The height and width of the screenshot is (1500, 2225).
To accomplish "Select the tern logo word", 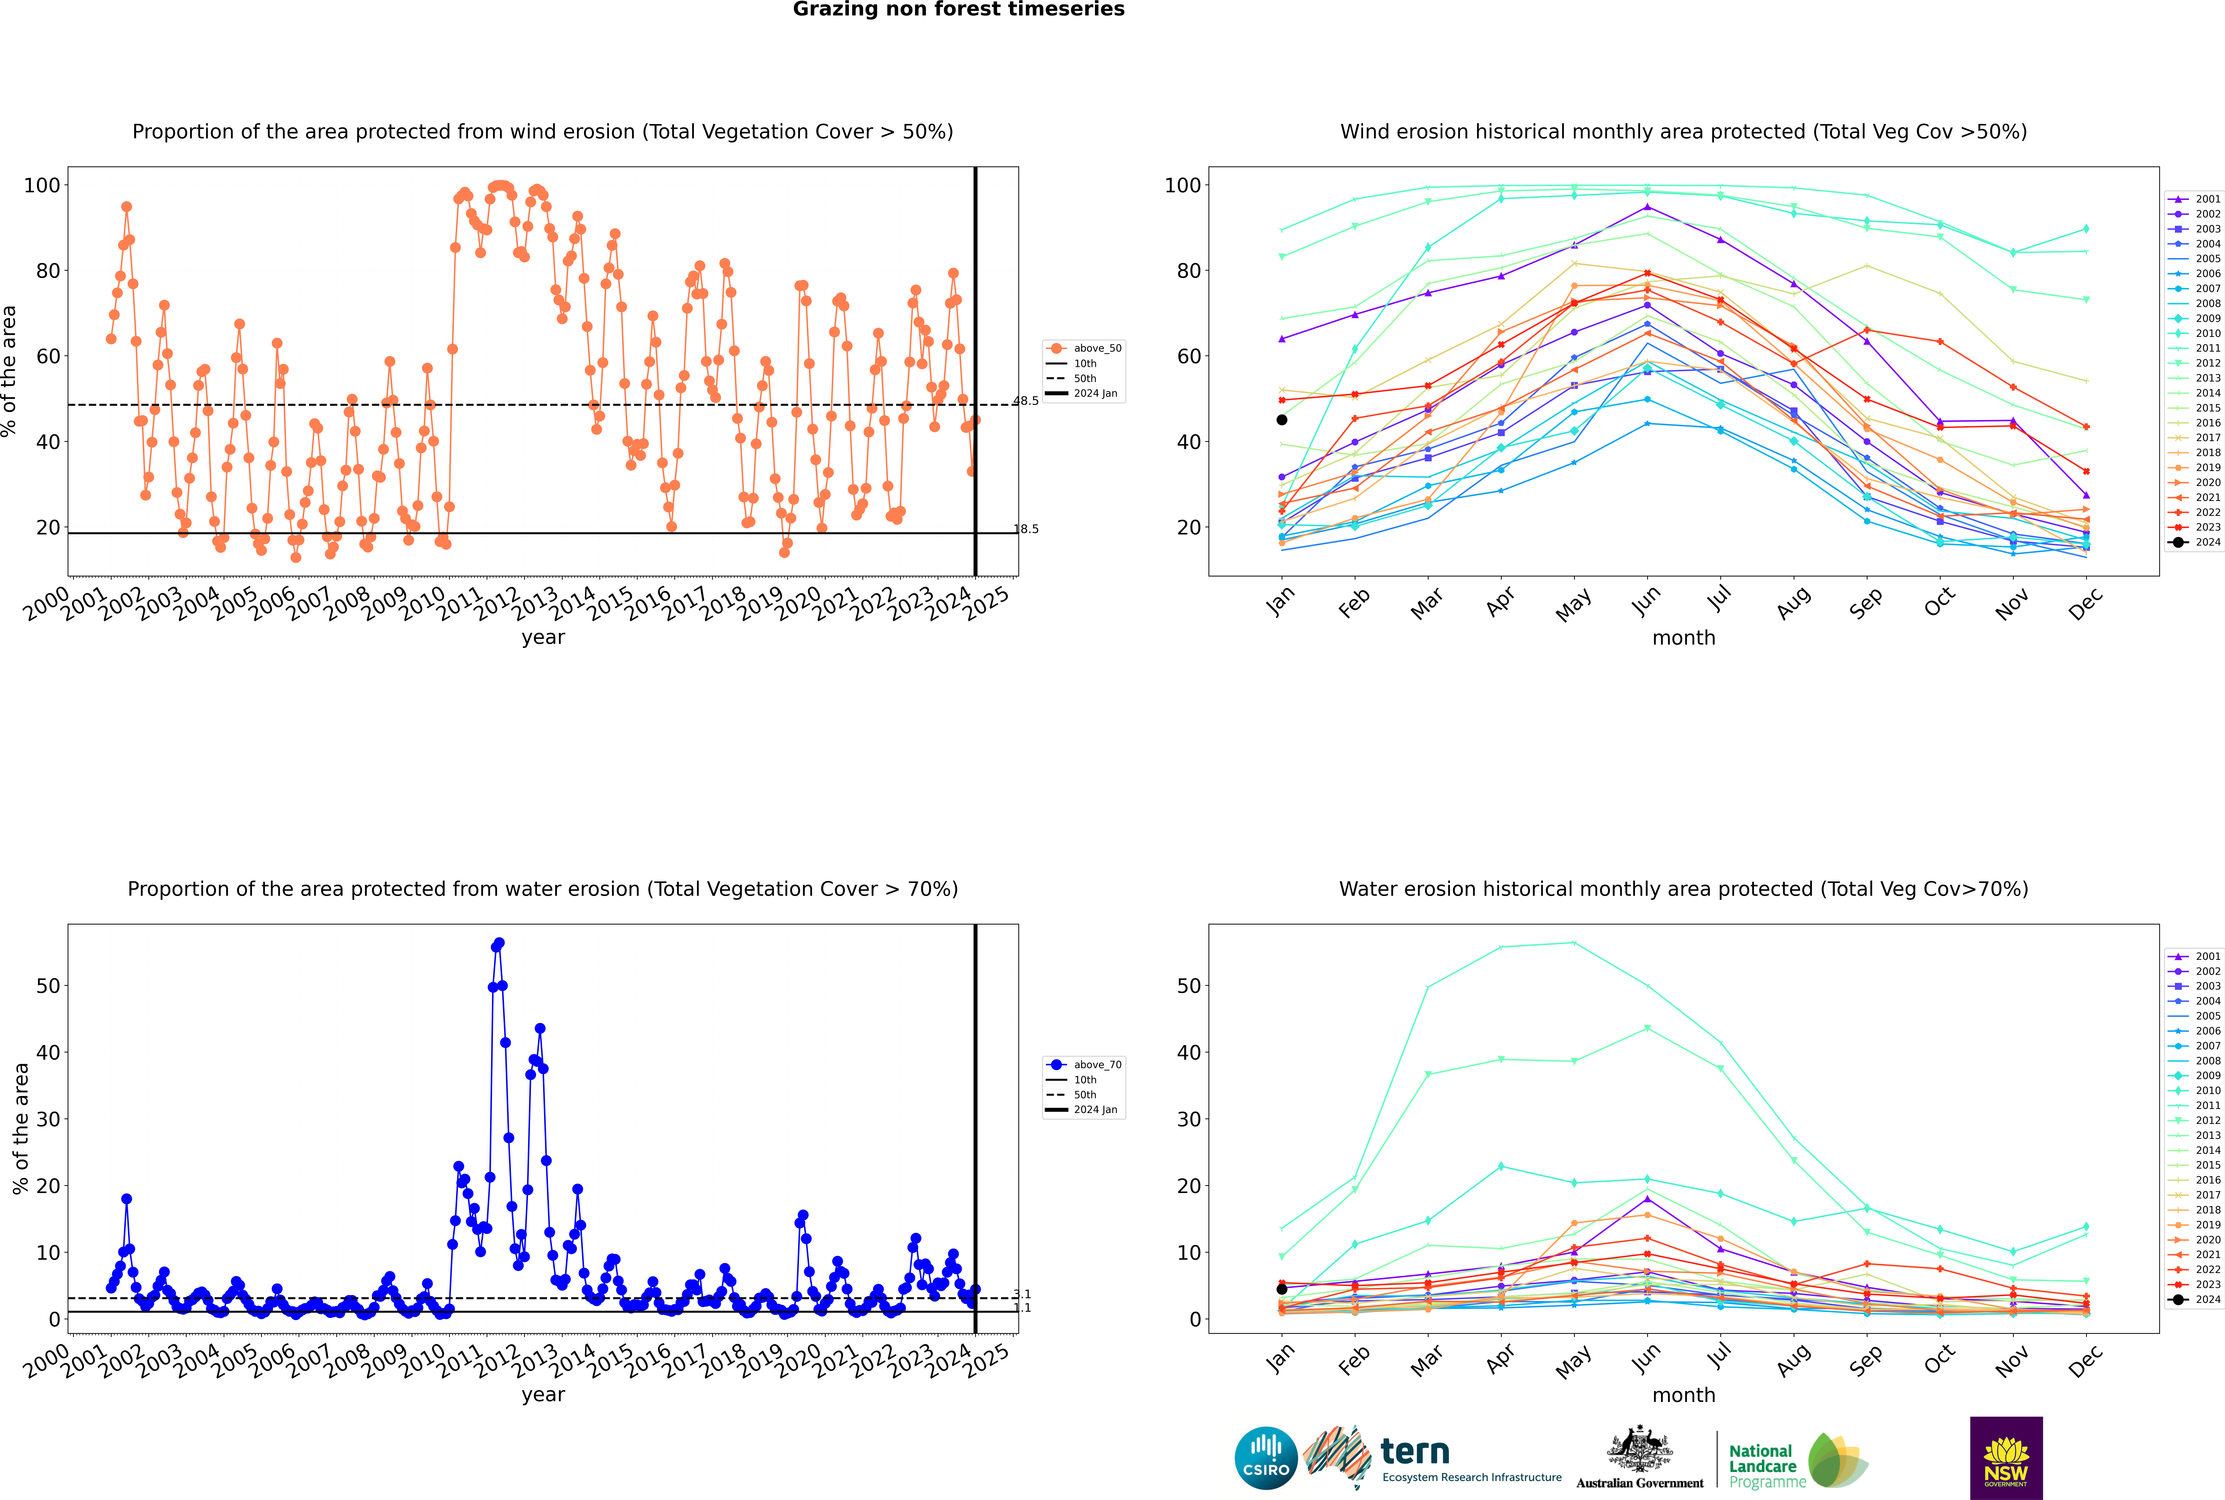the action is [1415, 1452].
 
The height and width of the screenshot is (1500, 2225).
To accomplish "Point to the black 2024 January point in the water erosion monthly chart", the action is [1282, 1289].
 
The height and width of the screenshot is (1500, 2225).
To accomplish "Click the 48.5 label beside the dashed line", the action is [1026, 401].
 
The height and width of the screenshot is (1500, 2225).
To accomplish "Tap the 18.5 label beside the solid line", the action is [1026, 529].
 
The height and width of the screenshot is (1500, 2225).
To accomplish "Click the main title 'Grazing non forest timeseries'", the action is [959, 9].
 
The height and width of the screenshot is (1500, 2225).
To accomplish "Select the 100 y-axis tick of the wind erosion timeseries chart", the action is [42, 186].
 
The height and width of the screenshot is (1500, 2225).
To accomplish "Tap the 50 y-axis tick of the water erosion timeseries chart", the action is [48, 986].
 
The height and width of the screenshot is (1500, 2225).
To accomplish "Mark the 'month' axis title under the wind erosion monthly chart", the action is [1684, 638].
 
